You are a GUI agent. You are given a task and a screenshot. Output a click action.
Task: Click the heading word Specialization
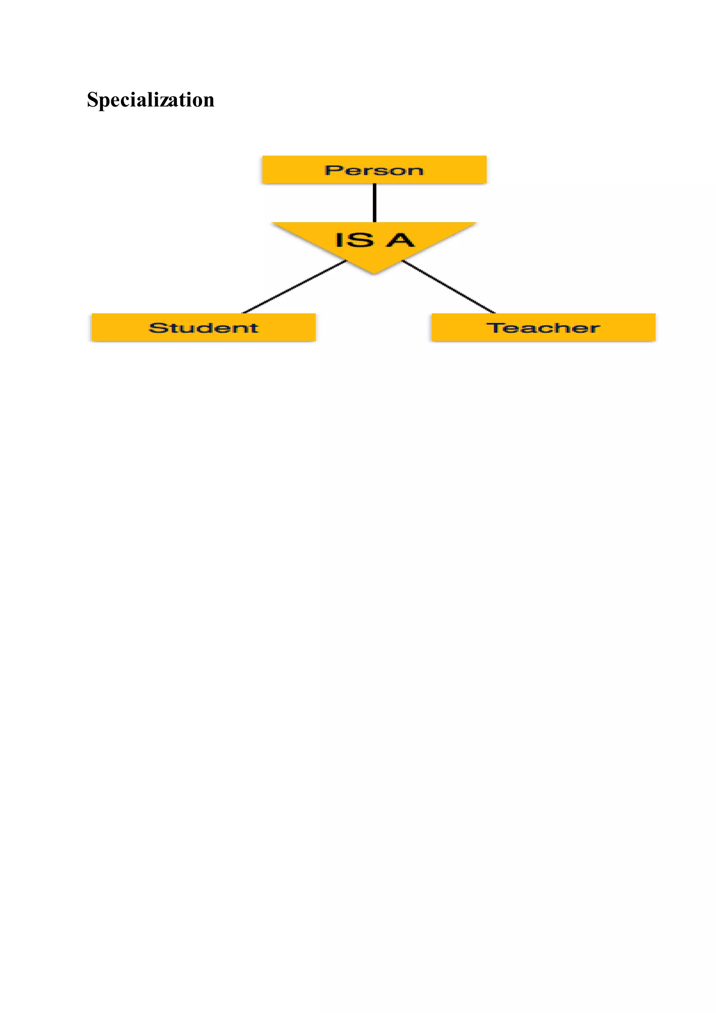click(150, 100)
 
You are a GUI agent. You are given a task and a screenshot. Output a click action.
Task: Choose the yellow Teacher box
click(543, 327)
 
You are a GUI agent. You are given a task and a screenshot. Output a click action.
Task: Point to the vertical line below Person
click(374, 203)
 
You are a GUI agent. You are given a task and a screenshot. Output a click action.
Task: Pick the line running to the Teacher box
click(449, 287)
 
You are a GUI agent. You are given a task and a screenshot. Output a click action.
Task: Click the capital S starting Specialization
click(92, 100)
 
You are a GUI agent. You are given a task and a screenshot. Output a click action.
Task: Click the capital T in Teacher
click(494, 327)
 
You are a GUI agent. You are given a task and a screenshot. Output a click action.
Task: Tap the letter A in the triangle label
click(401, 240)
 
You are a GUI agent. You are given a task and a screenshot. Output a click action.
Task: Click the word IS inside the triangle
click(353, 240)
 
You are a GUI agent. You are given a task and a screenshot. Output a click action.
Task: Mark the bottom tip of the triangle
click(374, 273)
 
